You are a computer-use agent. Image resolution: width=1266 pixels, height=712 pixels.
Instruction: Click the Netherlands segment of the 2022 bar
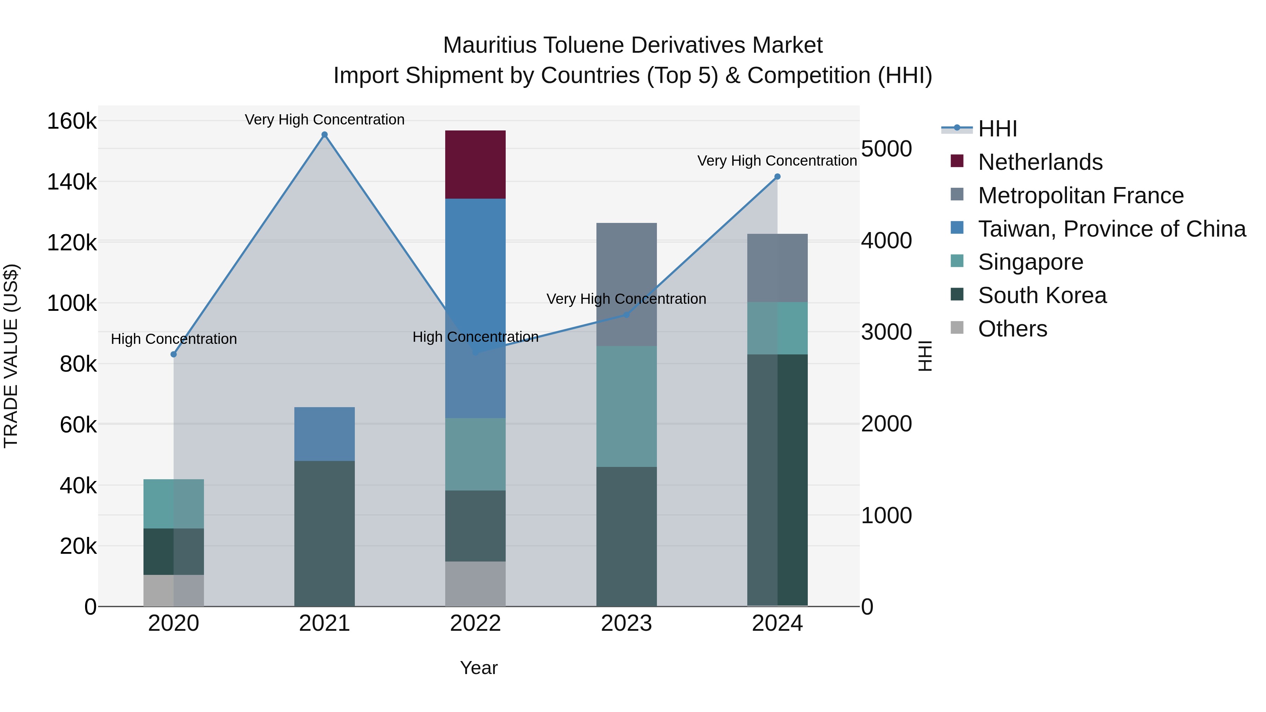[475, 165]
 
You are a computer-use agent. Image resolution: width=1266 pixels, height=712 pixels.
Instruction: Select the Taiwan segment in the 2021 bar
[324, 434]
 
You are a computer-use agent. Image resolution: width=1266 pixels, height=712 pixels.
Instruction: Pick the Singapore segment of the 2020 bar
[173, 503]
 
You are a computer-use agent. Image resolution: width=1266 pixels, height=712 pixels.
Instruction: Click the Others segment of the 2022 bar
[475, 584]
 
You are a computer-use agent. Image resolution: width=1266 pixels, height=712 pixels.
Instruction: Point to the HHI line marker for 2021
[324, 135]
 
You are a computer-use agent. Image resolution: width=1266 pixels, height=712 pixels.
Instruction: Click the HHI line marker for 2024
[777, 177]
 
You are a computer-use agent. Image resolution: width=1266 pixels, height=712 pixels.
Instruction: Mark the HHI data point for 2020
[173, 354]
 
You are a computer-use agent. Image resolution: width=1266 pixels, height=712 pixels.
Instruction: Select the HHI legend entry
[997, 129]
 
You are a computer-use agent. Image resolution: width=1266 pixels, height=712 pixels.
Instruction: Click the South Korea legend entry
[1042, 295]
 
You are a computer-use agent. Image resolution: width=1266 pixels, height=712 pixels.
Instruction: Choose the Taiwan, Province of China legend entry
[1112, 229]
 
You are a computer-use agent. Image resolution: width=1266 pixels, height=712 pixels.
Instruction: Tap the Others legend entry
[1012, 329]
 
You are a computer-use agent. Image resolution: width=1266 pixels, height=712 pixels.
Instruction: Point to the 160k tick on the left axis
[72, 121]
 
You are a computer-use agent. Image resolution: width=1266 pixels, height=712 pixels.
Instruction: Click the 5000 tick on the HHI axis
[887, 148]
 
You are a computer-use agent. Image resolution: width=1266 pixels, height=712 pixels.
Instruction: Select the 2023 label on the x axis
[626, 623]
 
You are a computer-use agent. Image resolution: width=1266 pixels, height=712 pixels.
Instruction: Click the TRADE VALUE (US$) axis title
[11, 356]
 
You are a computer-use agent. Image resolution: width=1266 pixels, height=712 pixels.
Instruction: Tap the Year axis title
[479, 668]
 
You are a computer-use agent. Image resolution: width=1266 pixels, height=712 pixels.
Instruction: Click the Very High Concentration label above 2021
[324, 120]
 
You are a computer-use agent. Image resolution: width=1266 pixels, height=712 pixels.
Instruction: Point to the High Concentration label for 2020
[173, 339]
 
